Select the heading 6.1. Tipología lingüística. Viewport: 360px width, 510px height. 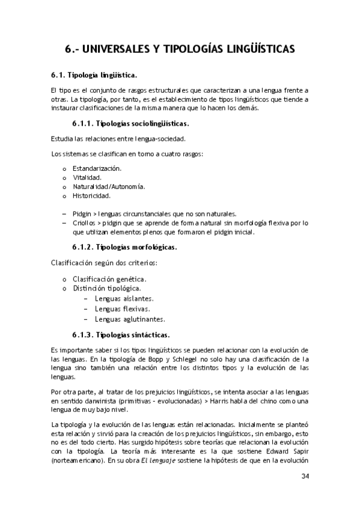[x=94, y=75]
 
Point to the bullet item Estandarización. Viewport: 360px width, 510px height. [x=97, y=168]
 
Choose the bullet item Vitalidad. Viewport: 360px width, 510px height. [x=87, y=177]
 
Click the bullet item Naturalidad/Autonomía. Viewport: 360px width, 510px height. [x=109, y=186]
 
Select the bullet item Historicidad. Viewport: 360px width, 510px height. [x=91, y=195]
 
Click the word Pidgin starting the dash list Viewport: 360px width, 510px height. [x=81, y=214]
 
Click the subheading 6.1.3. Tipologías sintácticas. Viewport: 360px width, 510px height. [x=121, y=334]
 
